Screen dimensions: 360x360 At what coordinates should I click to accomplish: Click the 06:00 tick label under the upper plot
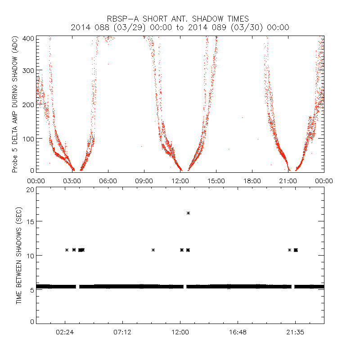point(108,180)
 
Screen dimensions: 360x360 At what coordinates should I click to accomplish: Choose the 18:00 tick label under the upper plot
point(252,180)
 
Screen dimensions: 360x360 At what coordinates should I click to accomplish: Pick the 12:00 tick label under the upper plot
point(180,180)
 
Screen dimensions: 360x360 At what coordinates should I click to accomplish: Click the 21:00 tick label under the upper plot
point(288,180)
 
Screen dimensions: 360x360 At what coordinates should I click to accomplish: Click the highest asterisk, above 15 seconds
point(188,213)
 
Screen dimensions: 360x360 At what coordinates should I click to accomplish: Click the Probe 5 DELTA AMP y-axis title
point(15,105)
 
